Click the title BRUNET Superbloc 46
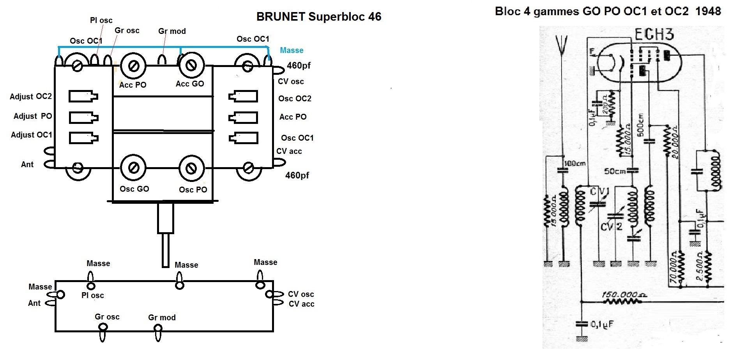(318, 17)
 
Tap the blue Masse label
(292, 50)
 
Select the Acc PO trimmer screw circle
(133, 67)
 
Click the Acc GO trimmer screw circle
(191, 66)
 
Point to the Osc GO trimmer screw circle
(133, 168)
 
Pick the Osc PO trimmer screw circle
(191, 168)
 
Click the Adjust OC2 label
(31, 97)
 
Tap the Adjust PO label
(33, 116)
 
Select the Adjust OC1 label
(31, 135)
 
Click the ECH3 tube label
(654, 35)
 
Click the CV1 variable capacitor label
(599, 192)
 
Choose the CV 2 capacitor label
(611, 226)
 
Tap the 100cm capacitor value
(575, 164)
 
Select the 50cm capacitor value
(615, 171)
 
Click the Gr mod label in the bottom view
(162, 318)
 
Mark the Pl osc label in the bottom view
(93, 295)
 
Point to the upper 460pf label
(299, 65)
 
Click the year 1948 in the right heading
(708, 11)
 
